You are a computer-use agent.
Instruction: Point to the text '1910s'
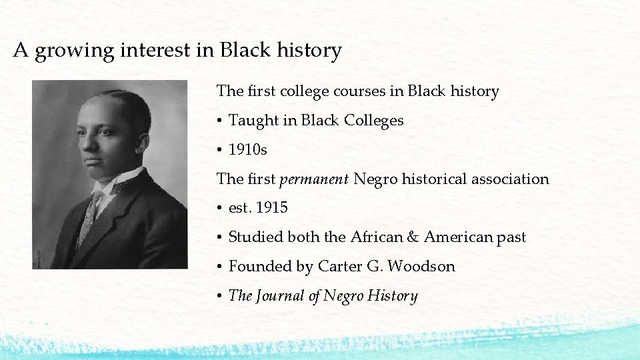[247, 150]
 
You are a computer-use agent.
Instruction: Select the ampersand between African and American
[413, 237]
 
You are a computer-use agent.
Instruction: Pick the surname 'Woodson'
[421, 267]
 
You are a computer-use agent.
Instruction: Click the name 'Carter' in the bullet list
[339, 267]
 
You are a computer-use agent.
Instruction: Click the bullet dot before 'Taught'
[219, 121]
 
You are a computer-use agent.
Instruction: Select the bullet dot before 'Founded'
[219, 267]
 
